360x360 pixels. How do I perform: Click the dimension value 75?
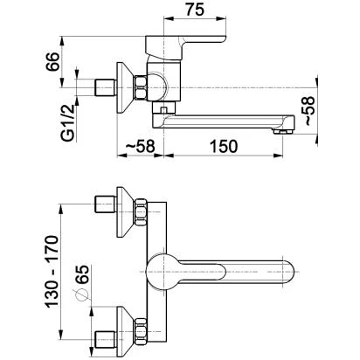tap(195, 10)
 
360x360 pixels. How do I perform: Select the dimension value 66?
tap(52, 61)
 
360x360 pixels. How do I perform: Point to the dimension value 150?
tap(224, 146)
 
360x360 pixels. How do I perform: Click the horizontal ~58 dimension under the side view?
tap(140, 146)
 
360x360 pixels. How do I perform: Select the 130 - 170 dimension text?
tap(52, 271)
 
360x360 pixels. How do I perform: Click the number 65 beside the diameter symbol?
tap(81, 274)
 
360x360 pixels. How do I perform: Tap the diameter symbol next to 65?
tap(81, 294)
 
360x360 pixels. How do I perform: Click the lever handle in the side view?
tap(185, 46)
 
